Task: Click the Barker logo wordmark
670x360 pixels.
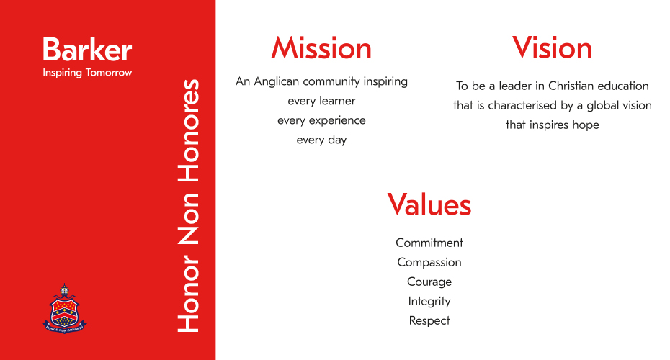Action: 87,50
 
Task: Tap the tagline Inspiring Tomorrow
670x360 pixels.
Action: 87,73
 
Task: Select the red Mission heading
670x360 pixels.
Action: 321,48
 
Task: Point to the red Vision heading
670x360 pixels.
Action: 552,48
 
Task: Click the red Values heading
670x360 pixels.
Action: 429,204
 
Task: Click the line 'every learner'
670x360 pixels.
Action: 321,102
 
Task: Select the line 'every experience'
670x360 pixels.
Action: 321,121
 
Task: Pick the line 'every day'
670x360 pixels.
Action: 321,140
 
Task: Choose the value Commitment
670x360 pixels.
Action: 429,243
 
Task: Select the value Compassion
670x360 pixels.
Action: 429,262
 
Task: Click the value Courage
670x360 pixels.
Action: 429,282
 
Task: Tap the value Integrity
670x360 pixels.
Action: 429,302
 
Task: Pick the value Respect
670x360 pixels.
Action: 429,320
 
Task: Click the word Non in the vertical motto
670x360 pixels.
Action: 189,218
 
